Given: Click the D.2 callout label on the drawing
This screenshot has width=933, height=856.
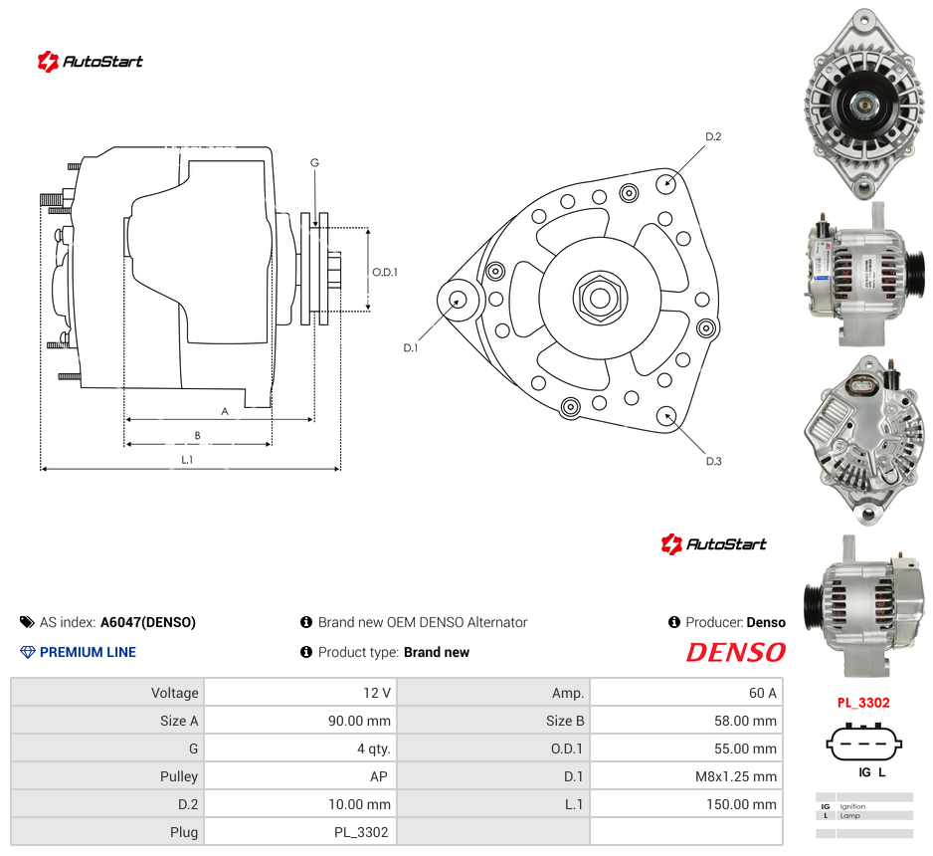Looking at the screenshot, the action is click(x=713, y=136).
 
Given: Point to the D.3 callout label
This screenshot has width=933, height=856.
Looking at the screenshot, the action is click(x=713, y=461).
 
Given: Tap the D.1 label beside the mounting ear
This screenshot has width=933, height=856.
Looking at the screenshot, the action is click(x=411, y=347).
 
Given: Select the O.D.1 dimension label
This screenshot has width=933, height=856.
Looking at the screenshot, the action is click(x=384, y=272).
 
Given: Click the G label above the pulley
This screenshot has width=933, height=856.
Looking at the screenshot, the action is click(x=314, y=162).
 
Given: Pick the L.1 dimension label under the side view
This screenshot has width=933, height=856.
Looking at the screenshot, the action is click(x=187, y=460).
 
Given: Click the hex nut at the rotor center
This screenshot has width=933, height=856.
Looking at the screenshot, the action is click(x=600, y=297).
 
